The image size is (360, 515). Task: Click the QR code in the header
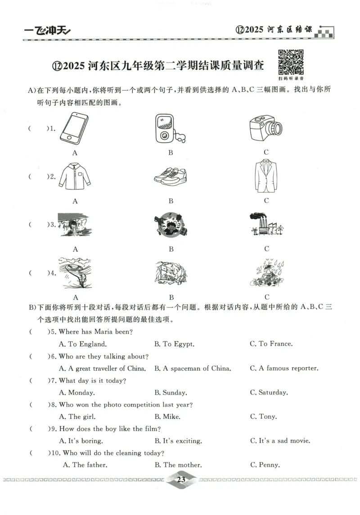point(291,62)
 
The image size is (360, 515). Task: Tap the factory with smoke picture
point(266,224)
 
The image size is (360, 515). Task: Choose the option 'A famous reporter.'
point(284,368)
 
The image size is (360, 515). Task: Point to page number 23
point(181,480)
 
